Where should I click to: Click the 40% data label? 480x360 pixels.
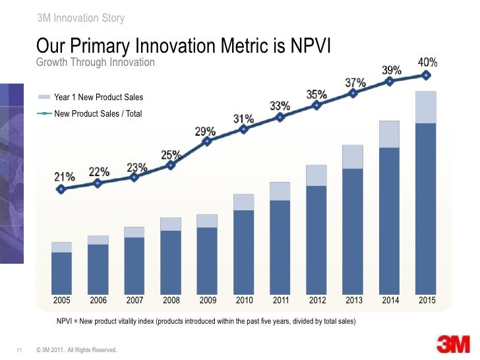(428, 63)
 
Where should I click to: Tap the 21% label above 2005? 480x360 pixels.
(63, 177)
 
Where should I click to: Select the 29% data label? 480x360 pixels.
(205, 131)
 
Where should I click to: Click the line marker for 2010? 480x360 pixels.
(244, 129)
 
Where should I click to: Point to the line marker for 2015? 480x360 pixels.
(427, 75)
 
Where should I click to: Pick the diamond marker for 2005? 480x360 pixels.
(61, 189)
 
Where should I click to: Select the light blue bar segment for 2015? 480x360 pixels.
(427, 107)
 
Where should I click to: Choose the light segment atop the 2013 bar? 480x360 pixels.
(353, 157)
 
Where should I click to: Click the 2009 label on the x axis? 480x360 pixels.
(208, 301)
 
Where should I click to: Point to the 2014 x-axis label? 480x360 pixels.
(390, 301)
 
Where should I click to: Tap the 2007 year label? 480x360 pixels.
(135, 301)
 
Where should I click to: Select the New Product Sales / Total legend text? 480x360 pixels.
(98, 113)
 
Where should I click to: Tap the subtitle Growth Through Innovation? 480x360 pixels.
(95, 62)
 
